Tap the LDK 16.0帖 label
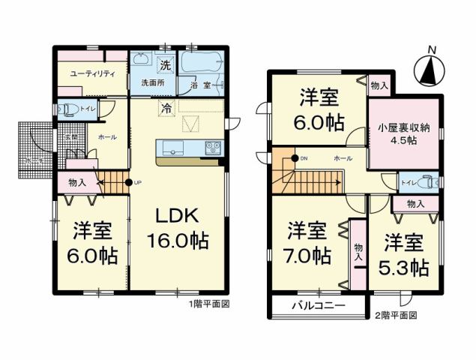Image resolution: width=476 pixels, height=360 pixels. (176, 228)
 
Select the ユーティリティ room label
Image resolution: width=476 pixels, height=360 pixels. (92, 73)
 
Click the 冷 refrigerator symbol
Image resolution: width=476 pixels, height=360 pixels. (165, 108)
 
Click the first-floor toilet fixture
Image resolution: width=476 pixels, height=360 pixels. (68, 109)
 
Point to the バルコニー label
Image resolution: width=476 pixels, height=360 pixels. (318, 307)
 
